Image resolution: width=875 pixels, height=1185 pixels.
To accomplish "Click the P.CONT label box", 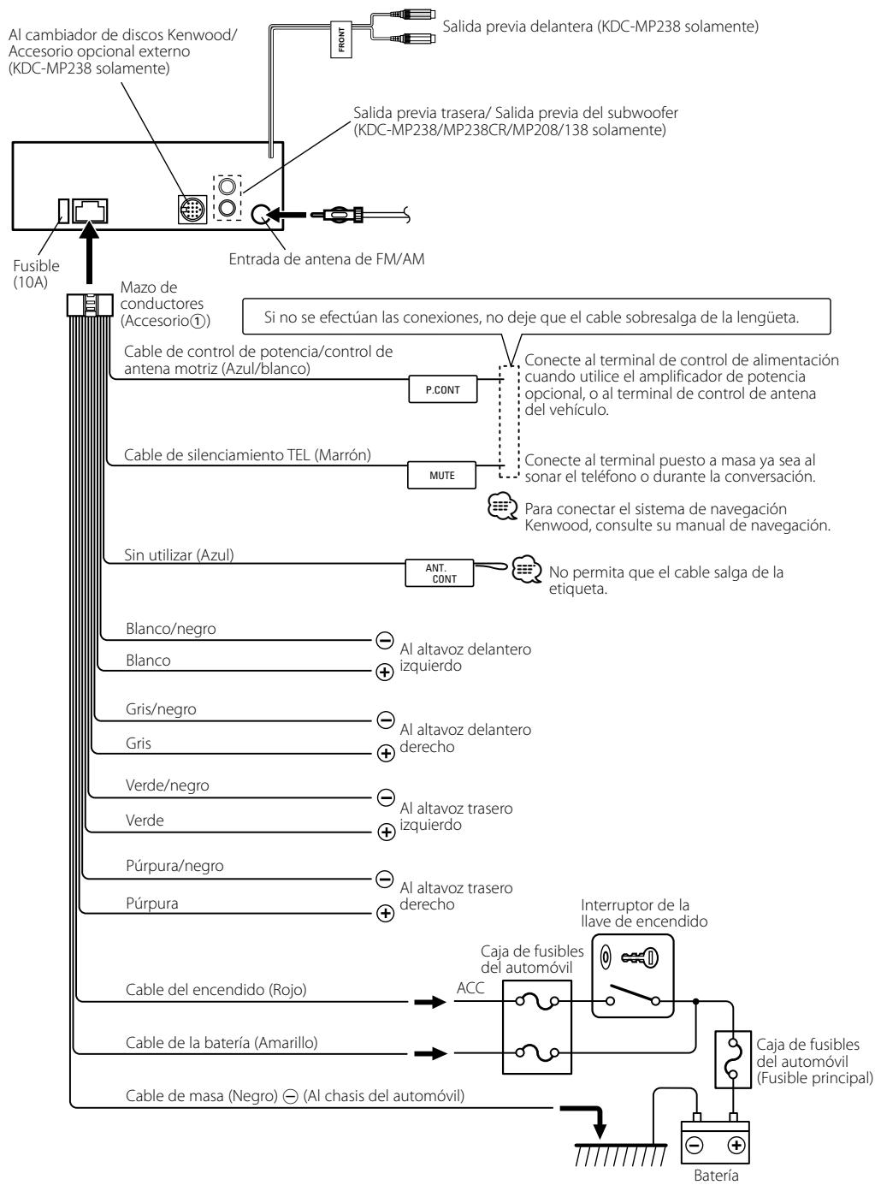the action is coord(442,389).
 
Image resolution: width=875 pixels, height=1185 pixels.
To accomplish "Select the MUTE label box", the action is coord(441,475).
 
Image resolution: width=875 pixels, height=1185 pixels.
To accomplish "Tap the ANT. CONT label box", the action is coord(439,572).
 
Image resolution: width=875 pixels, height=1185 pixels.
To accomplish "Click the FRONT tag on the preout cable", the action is coord(341,39).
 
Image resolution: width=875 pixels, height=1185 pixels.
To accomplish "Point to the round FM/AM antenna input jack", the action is coord(260,214).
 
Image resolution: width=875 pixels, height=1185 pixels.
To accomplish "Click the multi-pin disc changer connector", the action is coord(192,210).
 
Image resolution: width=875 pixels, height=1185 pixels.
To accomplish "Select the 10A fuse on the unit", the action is coord(63,211).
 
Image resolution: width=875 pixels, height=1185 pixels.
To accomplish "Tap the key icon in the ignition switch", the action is coord(640,957).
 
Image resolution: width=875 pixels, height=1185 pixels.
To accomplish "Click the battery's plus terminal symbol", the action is coord(736,1145).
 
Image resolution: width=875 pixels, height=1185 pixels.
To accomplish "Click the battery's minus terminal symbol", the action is coord(694,1145).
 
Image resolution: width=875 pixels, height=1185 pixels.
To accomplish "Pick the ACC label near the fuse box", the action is coord(470,988).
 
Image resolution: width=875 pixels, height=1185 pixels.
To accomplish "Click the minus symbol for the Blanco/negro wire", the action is coord(385,639).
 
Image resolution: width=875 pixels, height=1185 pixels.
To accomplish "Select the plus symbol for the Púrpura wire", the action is coord(385,913).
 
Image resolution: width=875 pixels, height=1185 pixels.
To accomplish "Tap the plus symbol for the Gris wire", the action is coord(386,753).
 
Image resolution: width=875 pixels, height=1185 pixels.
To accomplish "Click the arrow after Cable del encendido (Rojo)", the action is coord(430,1002).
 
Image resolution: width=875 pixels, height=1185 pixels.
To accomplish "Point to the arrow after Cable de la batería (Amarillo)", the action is coord(431,1053).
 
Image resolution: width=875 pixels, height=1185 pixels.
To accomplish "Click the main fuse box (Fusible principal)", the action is coord(733,1059).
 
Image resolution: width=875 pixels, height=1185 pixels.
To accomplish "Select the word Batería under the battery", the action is coord(716,1176).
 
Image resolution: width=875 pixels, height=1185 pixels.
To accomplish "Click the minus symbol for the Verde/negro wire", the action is coord(386,797).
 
